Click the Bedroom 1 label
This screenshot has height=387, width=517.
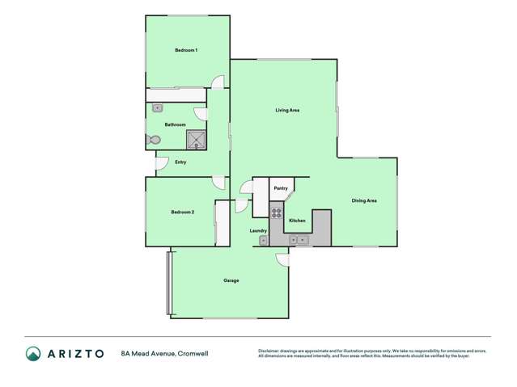[x=186, y=51]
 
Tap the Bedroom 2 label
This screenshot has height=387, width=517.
[x=182, y=212]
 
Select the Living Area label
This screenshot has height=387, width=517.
[x=288, y=110]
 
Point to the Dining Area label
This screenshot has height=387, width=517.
[x=364, y=200]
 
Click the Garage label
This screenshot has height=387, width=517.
[x=231, y=280]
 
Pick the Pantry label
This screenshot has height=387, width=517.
[x=280, y=188]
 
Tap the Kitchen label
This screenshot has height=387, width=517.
[x=297, y=221]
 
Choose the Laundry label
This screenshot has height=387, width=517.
[x=258, y=231]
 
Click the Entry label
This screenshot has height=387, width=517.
[x=180, y=162]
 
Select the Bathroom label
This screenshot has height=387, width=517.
[x=176, y=124]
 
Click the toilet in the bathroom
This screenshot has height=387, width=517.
[x=155, y=140]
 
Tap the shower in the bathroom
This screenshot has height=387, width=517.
[x=197, y=141]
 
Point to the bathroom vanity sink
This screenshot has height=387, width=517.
[x=158, y=107]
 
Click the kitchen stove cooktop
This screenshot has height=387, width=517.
[x=276, y=214]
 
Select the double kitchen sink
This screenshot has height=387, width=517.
[x=297, y=239]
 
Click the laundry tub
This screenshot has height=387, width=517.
[x=264, y=240]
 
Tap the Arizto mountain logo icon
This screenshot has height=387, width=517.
[x=33, y=354]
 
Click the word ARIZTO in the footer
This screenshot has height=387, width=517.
[x=75, y=354]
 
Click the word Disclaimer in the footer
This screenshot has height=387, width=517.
[x=269, y=351]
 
